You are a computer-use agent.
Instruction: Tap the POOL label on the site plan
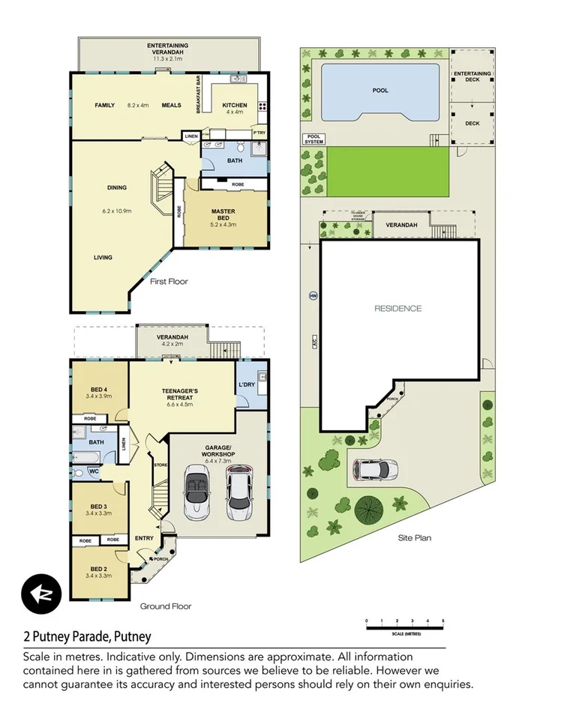click(380, 91)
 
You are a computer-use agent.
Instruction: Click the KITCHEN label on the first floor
click(235, 105)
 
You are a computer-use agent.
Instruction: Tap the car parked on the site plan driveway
click(375, 469)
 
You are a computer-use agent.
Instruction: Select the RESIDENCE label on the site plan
click(398, 308)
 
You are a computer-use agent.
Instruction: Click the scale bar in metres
click(405, 626)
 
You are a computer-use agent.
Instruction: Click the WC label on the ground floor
click(94, 471)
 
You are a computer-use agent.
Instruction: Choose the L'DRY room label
click(247, 384)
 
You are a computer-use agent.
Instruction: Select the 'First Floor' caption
click(169, 282)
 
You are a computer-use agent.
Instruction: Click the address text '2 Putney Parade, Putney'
click(85, 637)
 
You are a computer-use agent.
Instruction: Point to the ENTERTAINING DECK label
click(472, 75)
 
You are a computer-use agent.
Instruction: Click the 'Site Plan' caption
click(415, 537)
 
